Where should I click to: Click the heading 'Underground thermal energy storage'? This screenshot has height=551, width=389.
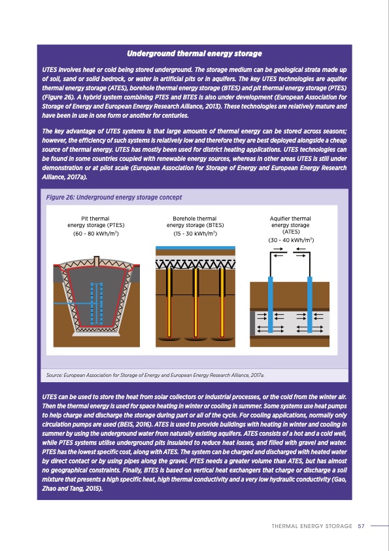coord(194,53)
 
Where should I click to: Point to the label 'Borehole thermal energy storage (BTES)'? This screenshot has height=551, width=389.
coord(194,222)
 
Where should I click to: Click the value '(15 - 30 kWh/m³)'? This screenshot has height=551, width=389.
coord(194,234)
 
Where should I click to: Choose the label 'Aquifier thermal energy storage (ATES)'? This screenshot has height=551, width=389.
coord(290,224)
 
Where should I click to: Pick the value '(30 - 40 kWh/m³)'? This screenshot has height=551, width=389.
coord(290,240)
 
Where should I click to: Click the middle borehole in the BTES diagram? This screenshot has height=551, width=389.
coord(194,301)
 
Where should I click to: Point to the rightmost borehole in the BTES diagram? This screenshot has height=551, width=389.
coord(219,301)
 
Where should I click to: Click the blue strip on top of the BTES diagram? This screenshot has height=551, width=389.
coord(194,251)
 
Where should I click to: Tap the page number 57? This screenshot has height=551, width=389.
coord(361,525)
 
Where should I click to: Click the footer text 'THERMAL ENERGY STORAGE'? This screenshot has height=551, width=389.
coord(312,525)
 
